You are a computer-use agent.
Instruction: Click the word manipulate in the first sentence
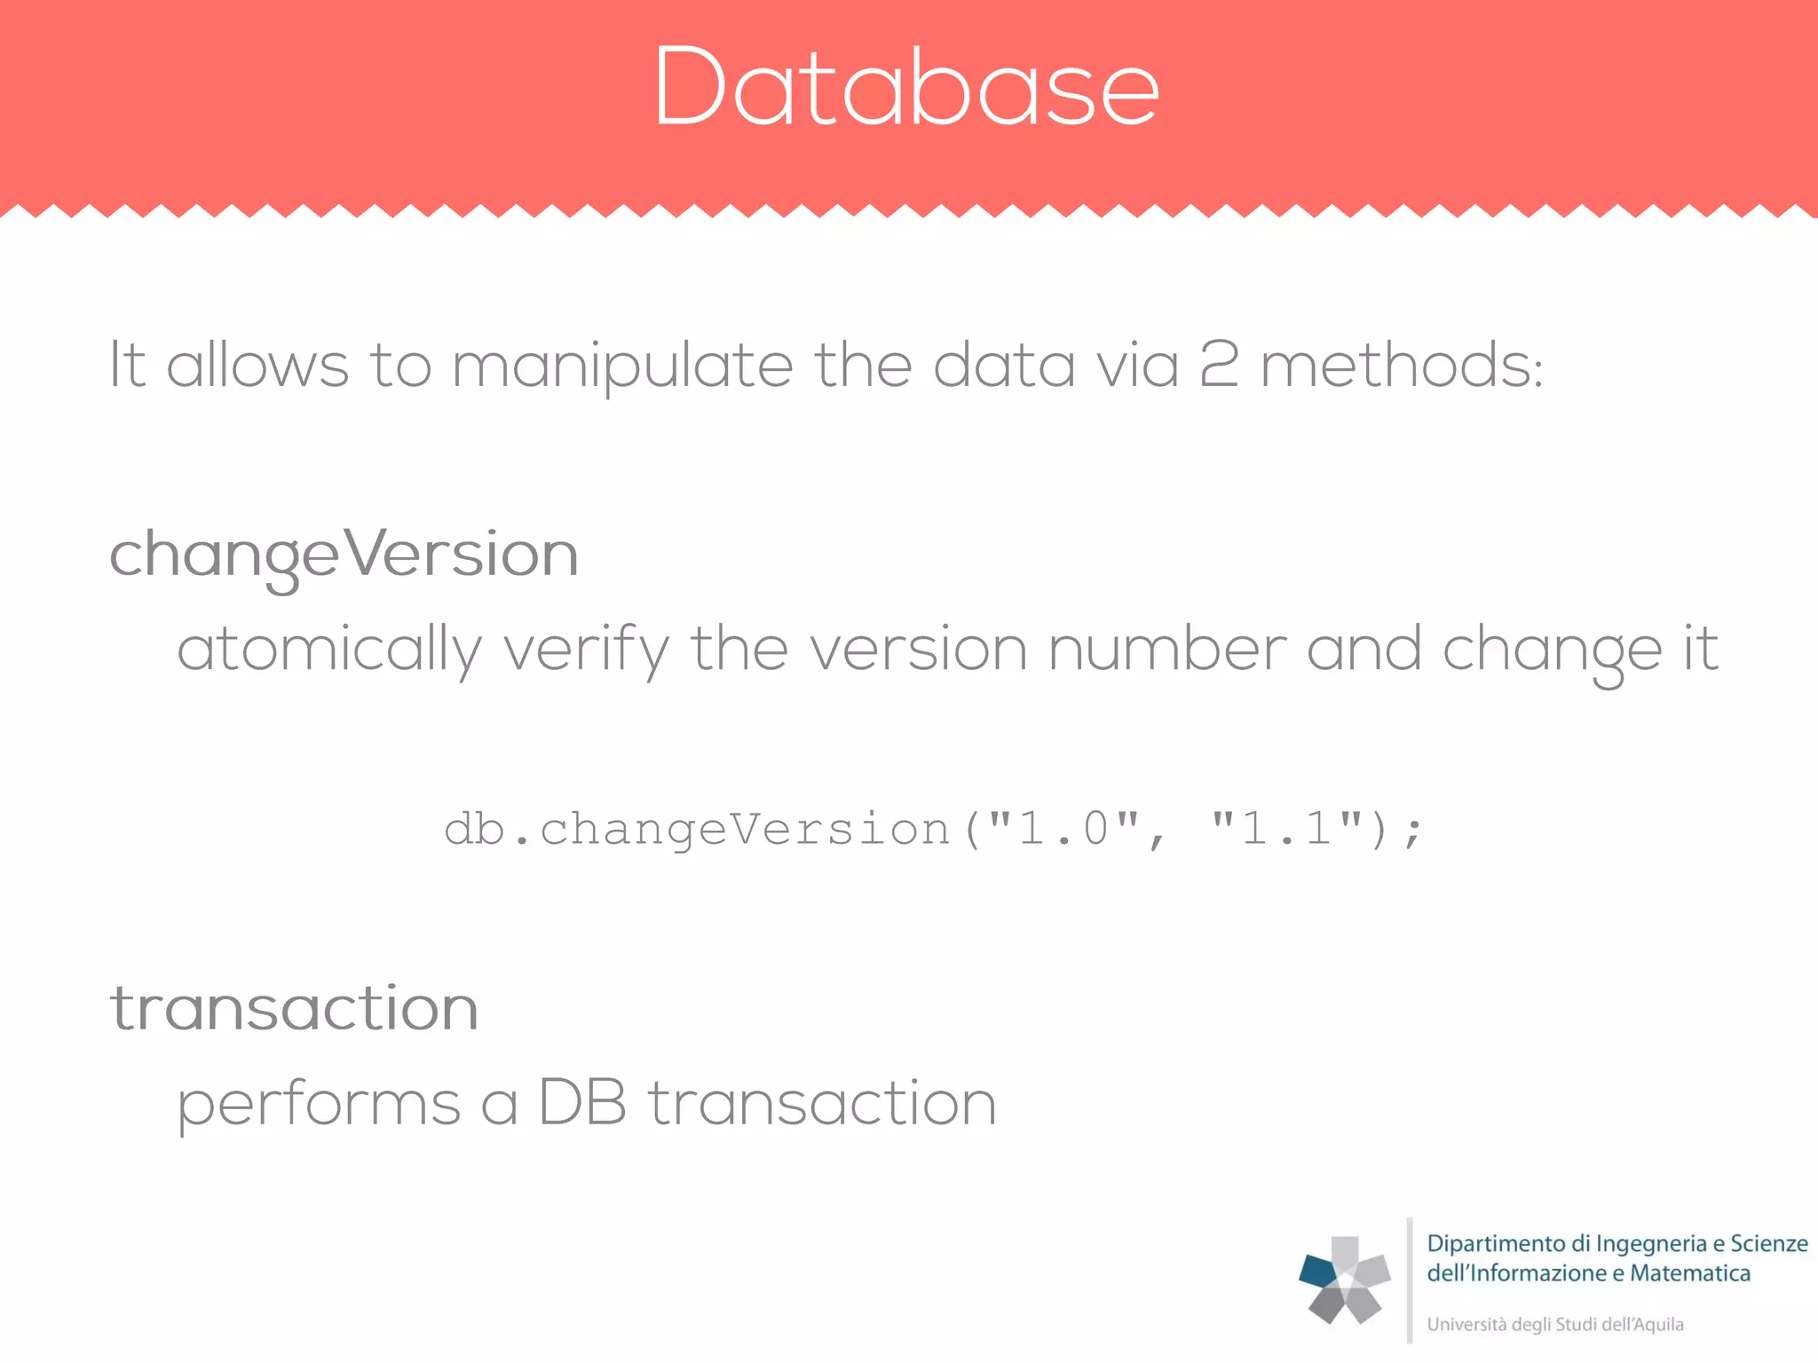[x=621, y=366]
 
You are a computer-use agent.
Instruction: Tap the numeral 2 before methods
[x=1218, y=365]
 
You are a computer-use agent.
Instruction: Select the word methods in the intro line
[x=1401, y=366]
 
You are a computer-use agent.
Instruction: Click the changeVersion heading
[x=344, y=555]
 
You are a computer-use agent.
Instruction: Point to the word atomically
[x=329, y=650]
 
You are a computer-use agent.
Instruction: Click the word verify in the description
[x=586, y=650]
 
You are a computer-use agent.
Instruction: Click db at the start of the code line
[x=474, y=830]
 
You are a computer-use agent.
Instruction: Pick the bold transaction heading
[x=294, y=1009]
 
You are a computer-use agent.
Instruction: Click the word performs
[x=319, y=1105]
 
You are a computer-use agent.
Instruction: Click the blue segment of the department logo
[x=1317, y=1271]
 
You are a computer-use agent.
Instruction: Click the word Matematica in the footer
[x=1690, y=1273]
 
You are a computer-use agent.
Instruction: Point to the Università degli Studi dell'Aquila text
[x=1554, y=1325]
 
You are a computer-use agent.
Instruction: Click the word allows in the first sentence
[x=257, y=365]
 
